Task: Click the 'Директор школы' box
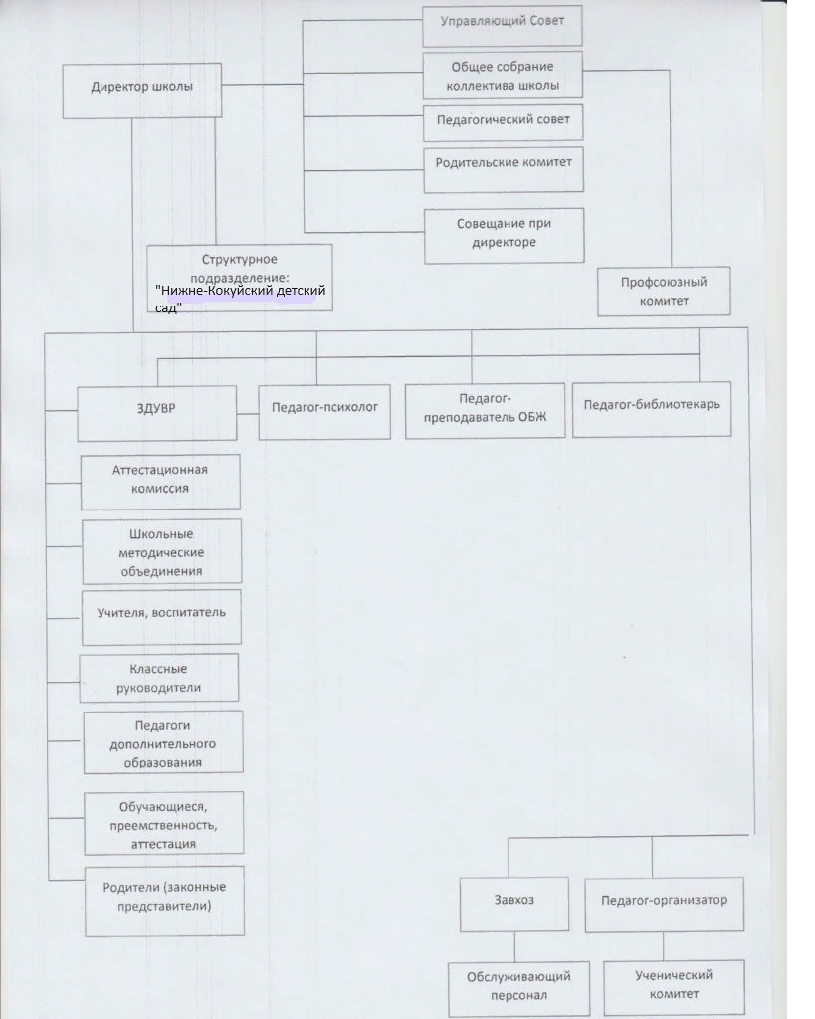coord(141,91)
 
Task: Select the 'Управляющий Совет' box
coord(502,26)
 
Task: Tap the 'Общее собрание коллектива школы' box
coord(503,76)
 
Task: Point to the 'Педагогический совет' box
coord(504,122)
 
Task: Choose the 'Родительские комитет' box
coord(504,170)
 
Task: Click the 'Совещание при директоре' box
coord(505,235)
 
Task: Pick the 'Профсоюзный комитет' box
coord(664,292)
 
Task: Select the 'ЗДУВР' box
coord(156,413)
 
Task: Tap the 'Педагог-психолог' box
coord(324,412)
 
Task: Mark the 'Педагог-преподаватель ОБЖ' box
coord(485,411)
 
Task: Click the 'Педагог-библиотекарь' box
coord(652,408)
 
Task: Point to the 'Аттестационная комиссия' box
coord(160,482)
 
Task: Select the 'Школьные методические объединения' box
coord(162,551)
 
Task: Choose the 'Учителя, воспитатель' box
coord(161,617)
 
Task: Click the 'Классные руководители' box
coord(158,678)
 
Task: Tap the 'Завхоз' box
coord(514,904)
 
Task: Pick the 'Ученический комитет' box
coord(674,987)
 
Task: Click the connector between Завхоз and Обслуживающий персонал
coord(514,947)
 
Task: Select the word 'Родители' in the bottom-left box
coord(130,887)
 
